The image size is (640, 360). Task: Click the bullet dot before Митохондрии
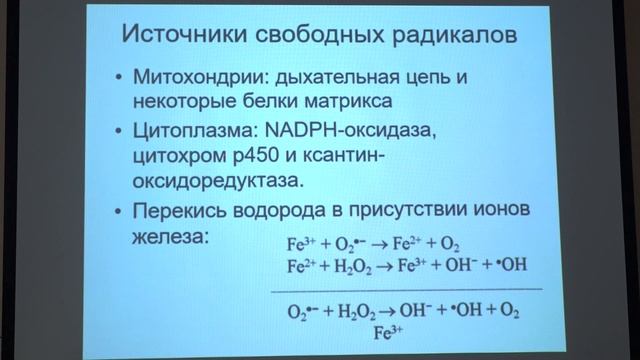point(121,78)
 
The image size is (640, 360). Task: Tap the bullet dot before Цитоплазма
point(121,131)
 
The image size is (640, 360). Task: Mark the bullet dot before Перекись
point(121,212)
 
